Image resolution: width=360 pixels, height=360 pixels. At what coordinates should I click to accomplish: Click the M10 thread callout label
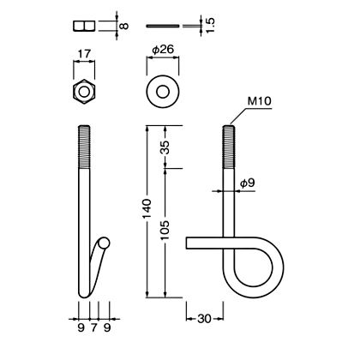coord(259,101)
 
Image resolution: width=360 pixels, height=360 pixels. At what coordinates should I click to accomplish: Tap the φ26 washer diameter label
coord(163,50)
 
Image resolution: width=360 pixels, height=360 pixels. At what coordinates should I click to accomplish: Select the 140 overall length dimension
coord(147,209)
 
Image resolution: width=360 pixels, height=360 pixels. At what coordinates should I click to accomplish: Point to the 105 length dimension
coord(165,230)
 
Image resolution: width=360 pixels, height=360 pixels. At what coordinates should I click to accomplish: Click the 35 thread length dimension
coord(165,147)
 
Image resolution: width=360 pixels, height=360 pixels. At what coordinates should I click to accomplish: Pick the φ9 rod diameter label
coord(247,183)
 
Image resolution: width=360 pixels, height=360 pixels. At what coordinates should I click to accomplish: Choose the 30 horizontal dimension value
coord(204,319)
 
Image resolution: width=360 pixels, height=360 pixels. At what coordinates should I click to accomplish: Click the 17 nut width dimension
coord(84,54)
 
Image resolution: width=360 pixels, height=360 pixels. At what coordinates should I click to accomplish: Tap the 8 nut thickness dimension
coord(123,26)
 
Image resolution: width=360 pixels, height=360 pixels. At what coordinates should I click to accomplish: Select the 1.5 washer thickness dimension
coord(210,25)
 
